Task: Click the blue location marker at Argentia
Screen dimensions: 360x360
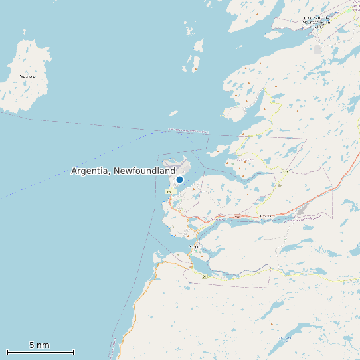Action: tap(179, 179)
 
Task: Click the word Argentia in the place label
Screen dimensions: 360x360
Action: tap(91, 171)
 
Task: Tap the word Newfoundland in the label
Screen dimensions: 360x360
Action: tap(145, 171)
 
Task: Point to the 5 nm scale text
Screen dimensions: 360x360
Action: tap(39, 345)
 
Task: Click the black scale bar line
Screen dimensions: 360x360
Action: tap(41, 352)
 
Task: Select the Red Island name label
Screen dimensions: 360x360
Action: tap(27, 76)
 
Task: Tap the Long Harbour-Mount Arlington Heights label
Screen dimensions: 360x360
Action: tap(316, 21)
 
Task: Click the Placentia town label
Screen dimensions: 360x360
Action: tap(196, 247)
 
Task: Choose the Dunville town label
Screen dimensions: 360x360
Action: tap(265, 217)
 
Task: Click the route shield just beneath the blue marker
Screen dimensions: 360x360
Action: tap(171, 191)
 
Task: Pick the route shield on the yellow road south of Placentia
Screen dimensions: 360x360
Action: tap(205, 274)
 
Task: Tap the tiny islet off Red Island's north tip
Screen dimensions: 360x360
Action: tap(25, 31)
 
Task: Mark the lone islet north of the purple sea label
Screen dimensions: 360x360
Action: tap(173, 113)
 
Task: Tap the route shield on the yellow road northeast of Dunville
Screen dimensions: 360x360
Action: tap(286, 173)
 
